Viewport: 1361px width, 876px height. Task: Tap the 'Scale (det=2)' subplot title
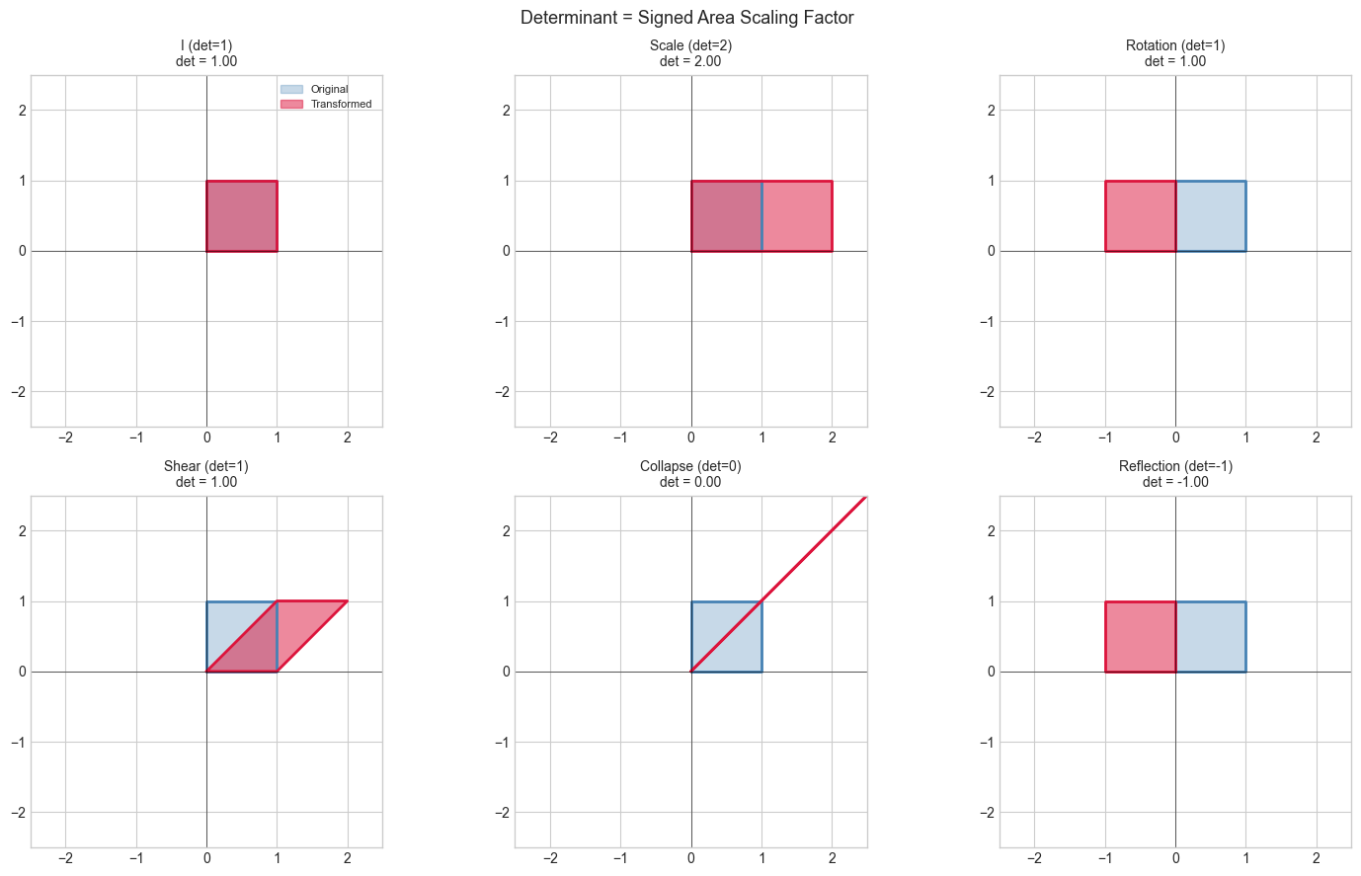coord(690,45)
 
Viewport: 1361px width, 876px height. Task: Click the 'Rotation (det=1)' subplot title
coord(1175,45)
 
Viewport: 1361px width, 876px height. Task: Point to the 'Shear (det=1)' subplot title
coord(206,466)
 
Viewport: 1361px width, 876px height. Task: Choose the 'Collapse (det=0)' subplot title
coord(690,466)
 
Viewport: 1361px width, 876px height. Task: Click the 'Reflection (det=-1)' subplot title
coord(1175,466)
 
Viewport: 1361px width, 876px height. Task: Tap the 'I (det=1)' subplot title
coord(206,45)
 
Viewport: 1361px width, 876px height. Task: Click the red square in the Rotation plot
coord(1140,216)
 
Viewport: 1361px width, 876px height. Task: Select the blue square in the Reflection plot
coord(1211,637)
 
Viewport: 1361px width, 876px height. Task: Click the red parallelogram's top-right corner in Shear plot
coord(347,601)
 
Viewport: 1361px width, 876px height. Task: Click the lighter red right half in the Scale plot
coord(797,216)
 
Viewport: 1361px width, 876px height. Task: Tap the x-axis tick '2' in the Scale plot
coord(832,438)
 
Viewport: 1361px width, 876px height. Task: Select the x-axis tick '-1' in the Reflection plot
coord(1104,858)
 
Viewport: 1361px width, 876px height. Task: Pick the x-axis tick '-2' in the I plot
coord(65,438)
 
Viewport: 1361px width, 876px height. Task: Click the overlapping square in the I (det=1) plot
coord(241,216)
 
